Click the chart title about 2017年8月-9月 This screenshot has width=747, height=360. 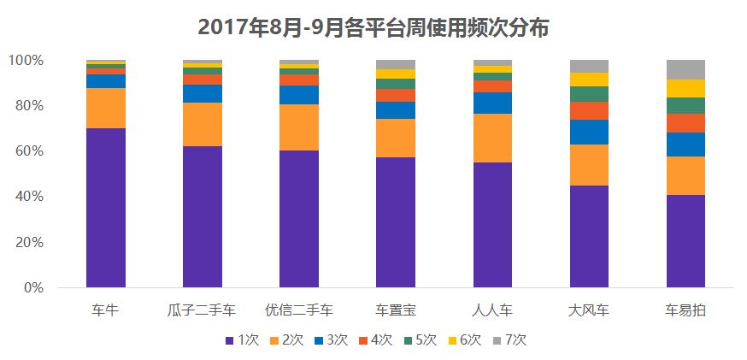[x=373, y=27]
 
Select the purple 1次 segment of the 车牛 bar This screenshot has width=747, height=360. [x=106, y=208]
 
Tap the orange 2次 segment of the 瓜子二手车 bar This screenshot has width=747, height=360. [x=203, y=125]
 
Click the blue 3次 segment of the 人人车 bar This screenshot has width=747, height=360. [x=492, y=103]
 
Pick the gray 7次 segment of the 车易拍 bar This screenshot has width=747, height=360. [x=685, y=69]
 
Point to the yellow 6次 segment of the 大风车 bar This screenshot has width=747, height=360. [x=589, y=80]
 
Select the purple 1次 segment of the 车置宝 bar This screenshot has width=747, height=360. [x=396, y=222]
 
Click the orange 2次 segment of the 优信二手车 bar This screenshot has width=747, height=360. [x=299, y=127]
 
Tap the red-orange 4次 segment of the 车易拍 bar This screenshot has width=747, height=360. [x=685, y=123]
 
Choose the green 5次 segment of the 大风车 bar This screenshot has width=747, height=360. [x=589, y=94]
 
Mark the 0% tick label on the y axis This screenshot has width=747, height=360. [x=32, y=288]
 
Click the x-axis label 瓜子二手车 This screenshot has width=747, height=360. [x=203, y=310]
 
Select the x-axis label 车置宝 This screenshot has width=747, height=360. [x=396, y=310]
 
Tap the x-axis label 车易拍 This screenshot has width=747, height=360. [x=685, y=310]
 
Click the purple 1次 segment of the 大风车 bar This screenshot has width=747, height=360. [x=589, y=237]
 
